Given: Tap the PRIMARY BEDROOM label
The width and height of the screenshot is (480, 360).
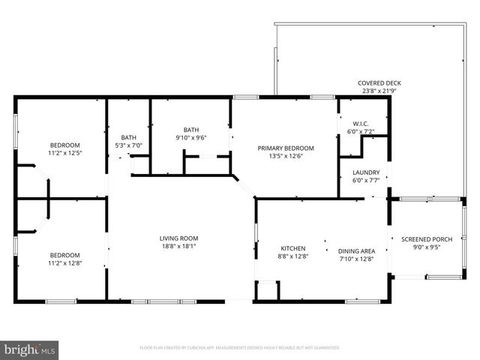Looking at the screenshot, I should click(286, 148).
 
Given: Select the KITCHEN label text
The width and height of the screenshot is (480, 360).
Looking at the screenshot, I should click(293, 248).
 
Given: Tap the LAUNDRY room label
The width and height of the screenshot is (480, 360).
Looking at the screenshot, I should click(366, 172).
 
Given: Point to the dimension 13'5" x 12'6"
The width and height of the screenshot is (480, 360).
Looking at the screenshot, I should click(286, 156).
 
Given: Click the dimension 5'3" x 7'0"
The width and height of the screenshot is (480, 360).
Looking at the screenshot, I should click(128, 145).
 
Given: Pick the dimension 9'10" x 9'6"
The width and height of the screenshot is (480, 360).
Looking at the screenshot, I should click(190, 137).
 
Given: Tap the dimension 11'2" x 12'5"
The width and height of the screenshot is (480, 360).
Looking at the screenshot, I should click(64, 153).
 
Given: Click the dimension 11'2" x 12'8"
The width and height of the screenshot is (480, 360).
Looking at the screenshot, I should click(64, 262).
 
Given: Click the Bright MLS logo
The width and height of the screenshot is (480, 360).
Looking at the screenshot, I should click(30, 349).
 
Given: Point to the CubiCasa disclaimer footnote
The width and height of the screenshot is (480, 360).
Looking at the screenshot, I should click(240, 348).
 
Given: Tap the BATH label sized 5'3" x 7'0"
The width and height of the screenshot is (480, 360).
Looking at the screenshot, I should click(128, 137).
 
